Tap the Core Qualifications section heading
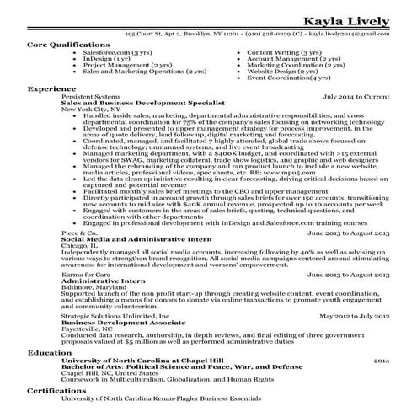67,42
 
